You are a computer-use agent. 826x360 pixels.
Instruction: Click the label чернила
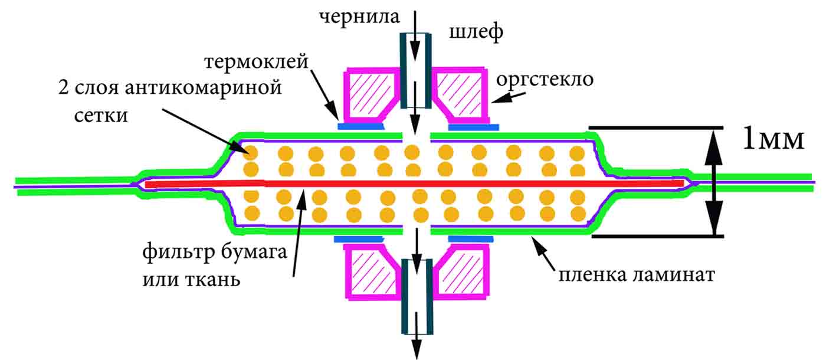[359, 17]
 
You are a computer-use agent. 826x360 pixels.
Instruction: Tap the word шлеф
[476, 32]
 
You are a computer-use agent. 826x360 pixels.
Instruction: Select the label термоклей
[256, 61]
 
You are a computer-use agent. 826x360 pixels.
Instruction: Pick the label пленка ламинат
[637, 275]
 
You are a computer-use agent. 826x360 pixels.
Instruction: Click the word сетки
[101, 116]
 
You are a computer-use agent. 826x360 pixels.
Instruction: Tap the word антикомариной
[203, 89]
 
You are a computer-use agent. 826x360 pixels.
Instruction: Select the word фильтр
[179, 253]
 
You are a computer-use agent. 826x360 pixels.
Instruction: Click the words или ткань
[191, 279]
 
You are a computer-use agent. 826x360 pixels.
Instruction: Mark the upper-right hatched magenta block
[460, 95]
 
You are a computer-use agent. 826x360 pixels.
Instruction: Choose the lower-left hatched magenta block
[372, 272]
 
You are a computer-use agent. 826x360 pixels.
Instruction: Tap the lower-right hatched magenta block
[461, 272]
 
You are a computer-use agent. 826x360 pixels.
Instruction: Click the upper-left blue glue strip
[361, 126]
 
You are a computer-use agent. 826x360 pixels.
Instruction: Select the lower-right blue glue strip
[471, 239]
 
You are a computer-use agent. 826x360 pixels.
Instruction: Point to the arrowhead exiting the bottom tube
[417, 349]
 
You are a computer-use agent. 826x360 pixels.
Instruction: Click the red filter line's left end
[146, 184]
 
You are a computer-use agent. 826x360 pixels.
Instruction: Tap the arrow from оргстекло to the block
[508, 97]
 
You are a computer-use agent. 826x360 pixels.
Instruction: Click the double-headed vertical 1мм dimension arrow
[714, 182]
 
